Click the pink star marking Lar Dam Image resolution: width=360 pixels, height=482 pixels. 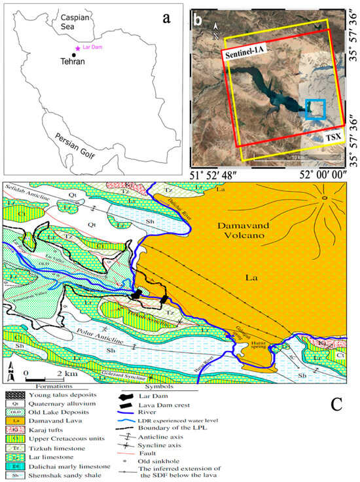[79, 47]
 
